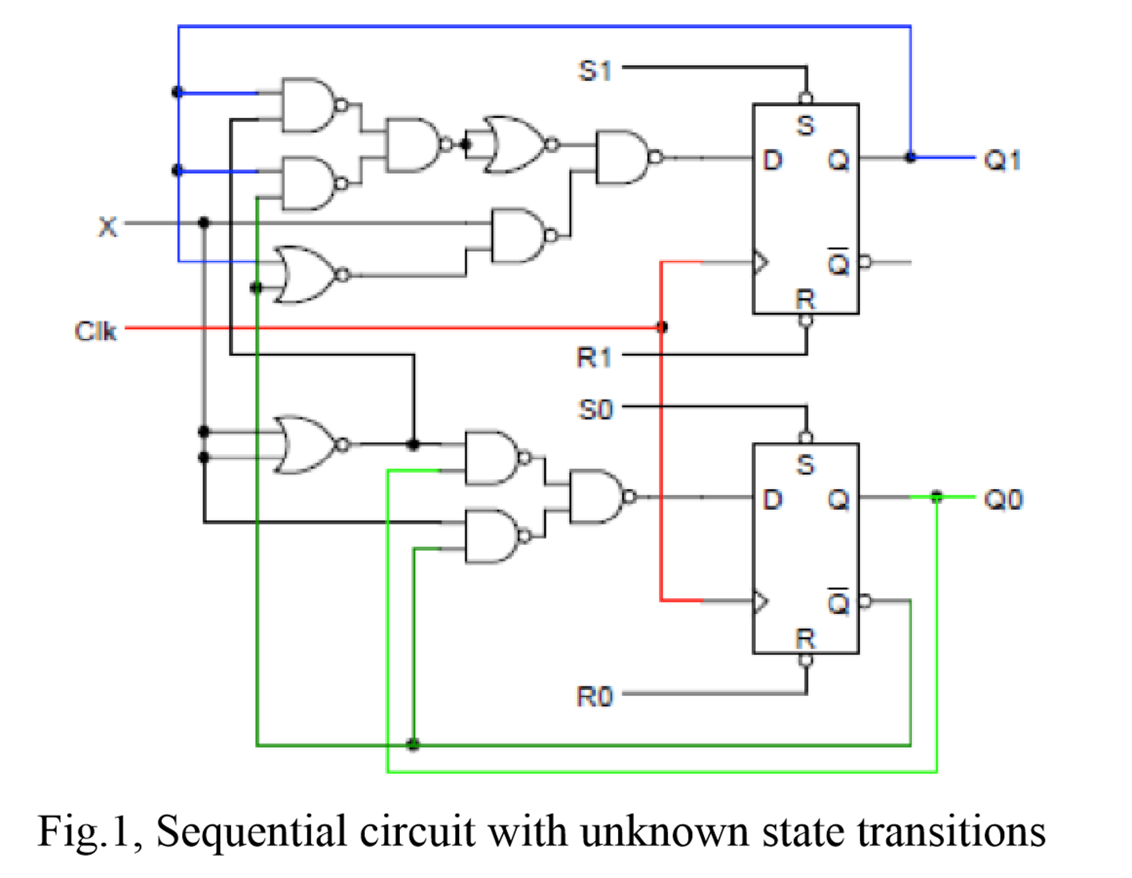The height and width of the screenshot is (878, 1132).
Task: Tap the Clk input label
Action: (95, 331)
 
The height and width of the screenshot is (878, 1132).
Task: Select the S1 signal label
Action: (594, 71)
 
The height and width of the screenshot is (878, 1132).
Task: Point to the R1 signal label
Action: (594, 357)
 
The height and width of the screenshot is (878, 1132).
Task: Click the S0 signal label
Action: (595, 410)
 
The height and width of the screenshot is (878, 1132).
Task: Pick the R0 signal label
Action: (595, 696)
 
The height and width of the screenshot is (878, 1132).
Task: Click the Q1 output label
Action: (1002, 160)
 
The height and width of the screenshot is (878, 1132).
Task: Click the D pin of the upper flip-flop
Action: (772, 160)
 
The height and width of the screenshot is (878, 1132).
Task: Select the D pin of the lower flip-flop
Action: (772, 499)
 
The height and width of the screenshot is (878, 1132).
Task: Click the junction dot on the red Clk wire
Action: (662, 327)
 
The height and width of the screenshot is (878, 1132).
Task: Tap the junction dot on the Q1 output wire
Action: (911, 158)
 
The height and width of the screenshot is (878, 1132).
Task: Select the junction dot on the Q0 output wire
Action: (936, 496)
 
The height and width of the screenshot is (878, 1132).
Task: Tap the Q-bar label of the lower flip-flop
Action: (838, 601)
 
